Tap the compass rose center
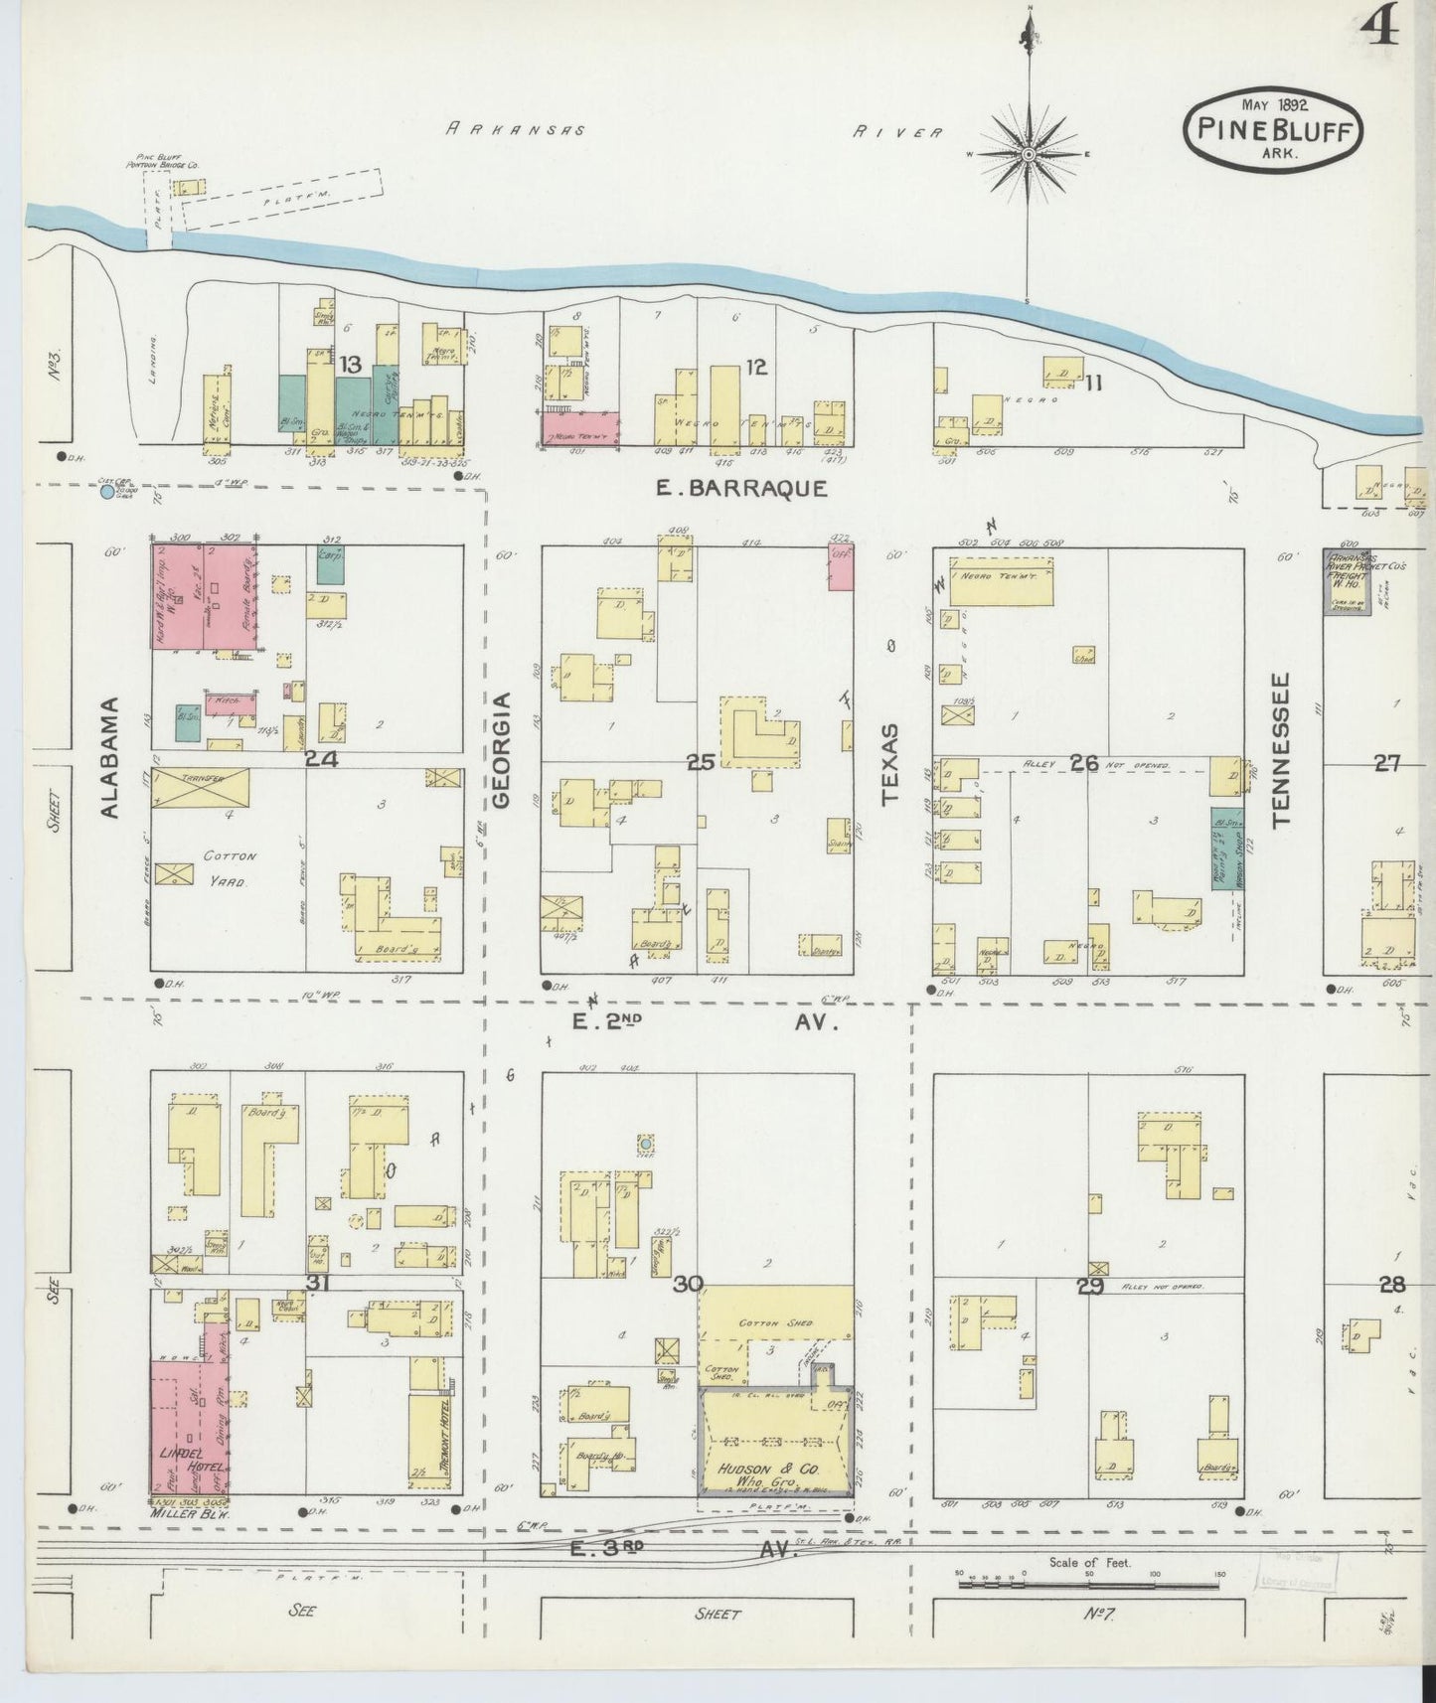(x=1029, y=155)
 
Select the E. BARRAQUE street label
(x=741, y=488)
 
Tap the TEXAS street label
(x=890, y=763)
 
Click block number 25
(x=701, y=762)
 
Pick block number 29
(x=1090, y=1286)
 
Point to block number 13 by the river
(x=349, y=366)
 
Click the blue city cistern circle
(x=107, y=491)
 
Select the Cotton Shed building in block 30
(x=775, y=1322)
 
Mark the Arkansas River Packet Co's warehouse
(x=1347, y=582)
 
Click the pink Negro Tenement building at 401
(x=580, y=429)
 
